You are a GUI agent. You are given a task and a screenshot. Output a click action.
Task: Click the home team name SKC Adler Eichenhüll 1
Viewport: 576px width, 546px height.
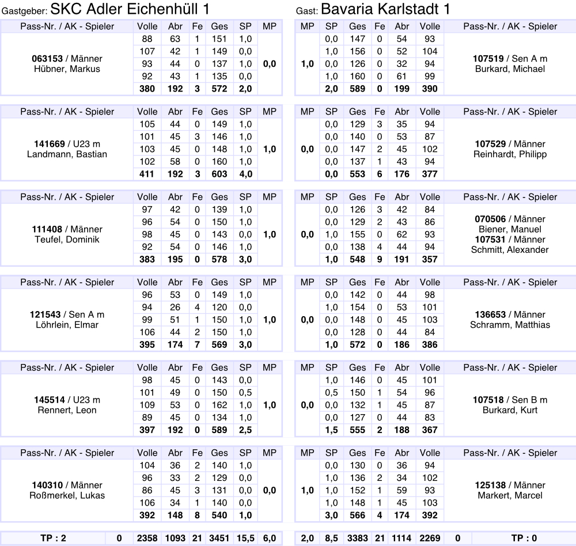pos(130,10)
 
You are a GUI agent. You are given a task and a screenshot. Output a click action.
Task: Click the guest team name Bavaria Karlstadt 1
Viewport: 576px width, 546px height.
pos(385,10)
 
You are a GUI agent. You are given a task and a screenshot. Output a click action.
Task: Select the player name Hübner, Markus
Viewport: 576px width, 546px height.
pos(67,69)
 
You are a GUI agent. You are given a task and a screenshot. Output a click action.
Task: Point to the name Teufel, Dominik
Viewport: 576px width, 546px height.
pos(67,240)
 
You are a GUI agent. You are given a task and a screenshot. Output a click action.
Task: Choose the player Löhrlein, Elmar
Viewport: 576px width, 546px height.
pos(67,325)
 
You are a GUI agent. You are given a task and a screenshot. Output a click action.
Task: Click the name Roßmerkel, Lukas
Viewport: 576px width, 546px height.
pos(67,495)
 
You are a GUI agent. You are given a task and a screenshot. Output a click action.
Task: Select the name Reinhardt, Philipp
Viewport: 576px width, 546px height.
pos(510,154)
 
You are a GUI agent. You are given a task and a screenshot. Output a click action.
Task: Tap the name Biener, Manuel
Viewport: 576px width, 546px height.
pos(510,229)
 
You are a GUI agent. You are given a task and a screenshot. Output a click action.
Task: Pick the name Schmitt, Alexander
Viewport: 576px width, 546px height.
pos(510,250)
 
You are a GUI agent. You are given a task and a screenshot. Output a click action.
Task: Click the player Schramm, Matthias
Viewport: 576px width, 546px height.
pos(510,325)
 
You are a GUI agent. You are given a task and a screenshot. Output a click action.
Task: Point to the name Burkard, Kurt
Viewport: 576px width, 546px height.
pos(510,410)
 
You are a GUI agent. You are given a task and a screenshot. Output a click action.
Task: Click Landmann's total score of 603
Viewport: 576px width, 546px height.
pos(219,174)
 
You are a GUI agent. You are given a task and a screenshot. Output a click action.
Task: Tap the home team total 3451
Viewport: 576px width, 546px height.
pos(219,539)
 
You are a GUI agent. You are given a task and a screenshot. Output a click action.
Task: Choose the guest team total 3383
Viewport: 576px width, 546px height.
pos(357,539)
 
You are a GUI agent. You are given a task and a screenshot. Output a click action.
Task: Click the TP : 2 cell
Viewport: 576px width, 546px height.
pos(54,539)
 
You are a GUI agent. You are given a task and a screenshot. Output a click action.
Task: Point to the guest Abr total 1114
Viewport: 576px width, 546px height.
pos(401,539)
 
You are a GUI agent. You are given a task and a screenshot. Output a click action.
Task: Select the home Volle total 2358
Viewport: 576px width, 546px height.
pos(147,539)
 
